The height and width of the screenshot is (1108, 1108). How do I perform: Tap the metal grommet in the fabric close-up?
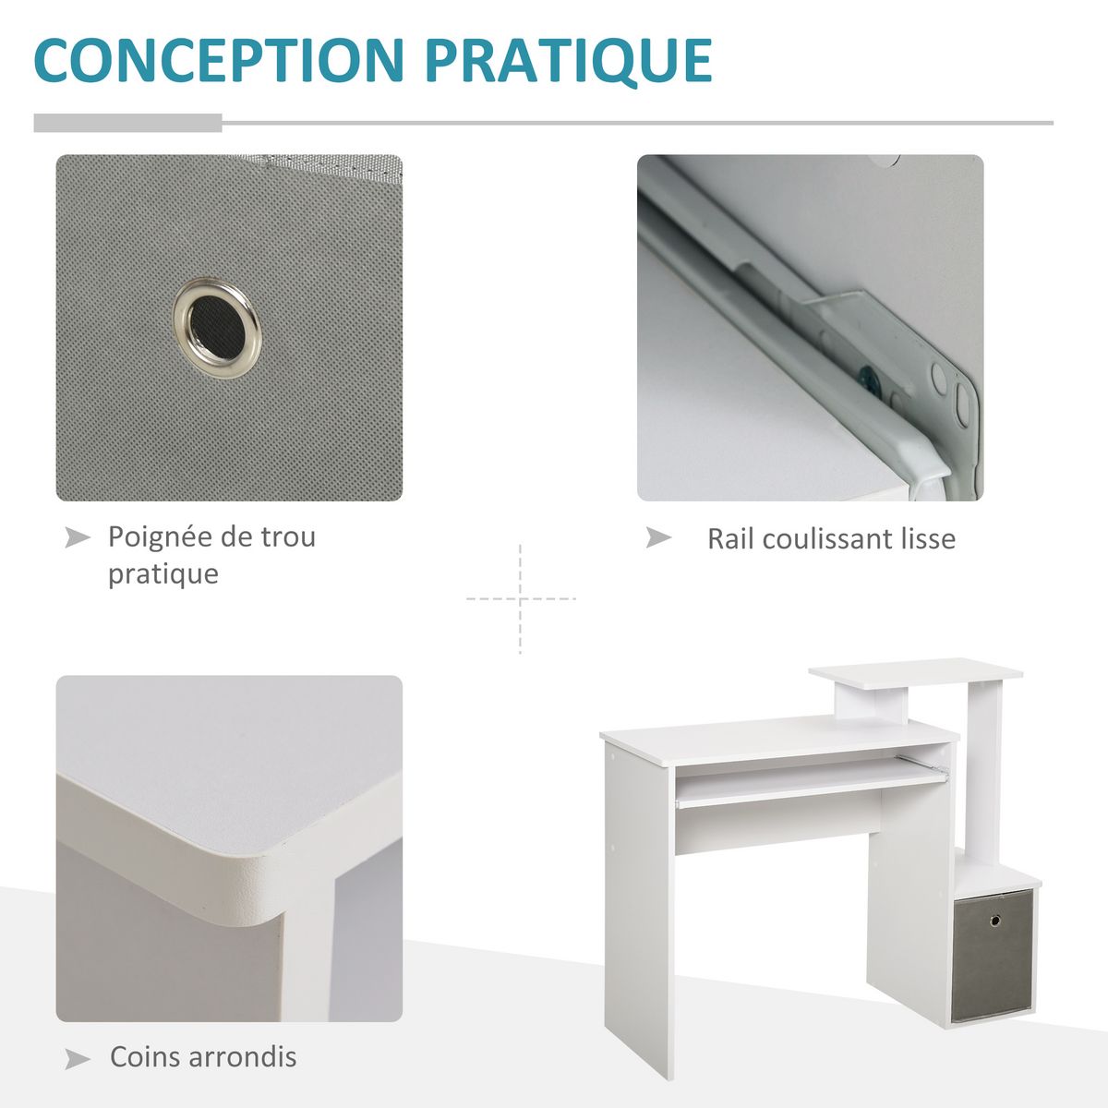tap(217, 323)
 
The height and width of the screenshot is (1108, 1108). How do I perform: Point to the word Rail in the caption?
tap(731, 539)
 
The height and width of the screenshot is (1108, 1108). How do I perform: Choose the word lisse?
tap(927, 539)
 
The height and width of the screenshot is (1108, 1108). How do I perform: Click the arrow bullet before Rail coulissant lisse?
tap(658, 537)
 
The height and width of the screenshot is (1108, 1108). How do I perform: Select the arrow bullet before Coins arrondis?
tap(78, 1058)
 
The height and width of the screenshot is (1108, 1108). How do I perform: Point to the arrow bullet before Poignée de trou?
tap(78, 537)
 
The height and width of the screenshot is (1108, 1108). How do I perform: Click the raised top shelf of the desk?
tap(914, 671)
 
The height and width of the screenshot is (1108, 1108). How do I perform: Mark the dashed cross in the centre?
tap(521, 599)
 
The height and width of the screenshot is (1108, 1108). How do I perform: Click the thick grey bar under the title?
tap(127, 123)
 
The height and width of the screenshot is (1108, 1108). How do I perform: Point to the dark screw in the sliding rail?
tap(867, 378)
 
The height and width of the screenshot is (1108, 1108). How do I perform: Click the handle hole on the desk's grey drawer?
tap(996, 921)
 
